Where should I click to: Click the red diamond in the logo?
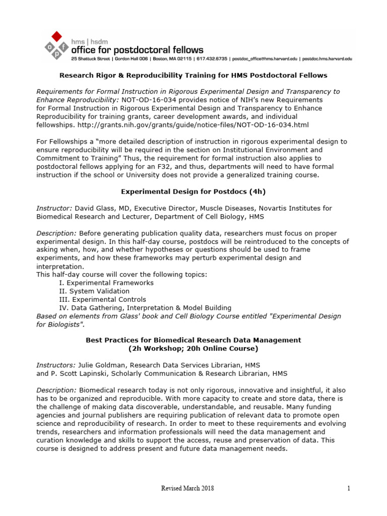[x=57, y=36]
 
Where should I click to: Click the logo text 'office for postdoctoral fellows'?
[x=138, y=49]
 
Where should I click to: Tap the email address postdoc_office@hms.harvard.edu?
[x=264, y=59]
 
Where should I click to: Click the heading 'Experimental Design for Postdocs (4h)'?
[x=193, y=191]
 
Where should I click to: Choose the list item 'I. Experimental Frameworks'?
[x=106, y=283]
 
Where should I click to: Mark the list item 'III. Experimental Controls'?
[x=102, y=299]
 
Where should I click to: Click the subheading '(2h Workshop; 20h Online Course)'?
[x=193, y=348]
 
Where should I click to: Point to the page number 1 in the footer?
[x=348, y=488]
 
